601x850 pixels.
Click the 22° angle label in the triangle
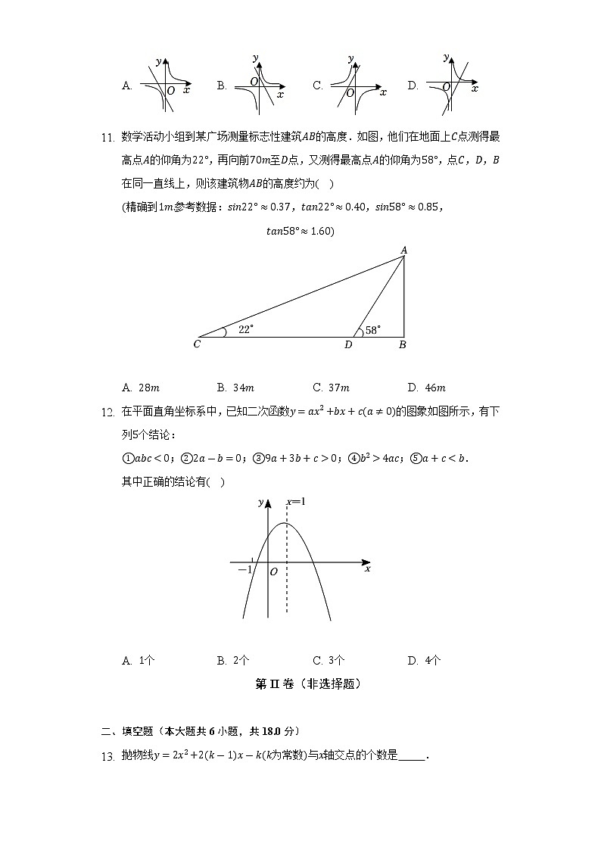pyautogui.click(x=246, y=329)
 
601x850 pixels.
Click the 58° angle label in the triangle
pyautogui.click(x=373, y=330)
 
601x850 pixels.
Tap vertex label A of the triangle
pyautogui.click(x=404, y=250)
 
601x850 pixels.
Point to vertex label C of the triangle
pyautogui.click(x=197, y=345)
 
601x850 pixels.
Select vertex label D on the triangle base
pyautogui.click(x=348, y=345)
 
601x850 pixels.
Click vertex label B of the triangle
pyautogui.click(x=403, y=345)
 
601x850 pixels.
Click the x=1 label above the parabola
pyautogui.click(x=295, y=502)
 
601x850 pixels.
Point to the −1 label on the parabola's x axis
pyautogui.click(x=244, y=570)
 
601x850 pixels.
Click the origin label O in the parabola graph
pyautogui.click(x=273, y=572)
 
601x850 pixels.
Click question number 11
pyautogui.click(x=107, y=138)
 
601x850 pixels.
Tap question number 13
pyautogui.click(x=107, y=756)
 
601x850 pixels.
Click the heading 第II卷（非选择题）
pyautogui.click(x=307, y=684)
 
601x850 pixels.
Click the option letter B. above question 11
pyautogui.click(x=222, y=86)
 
